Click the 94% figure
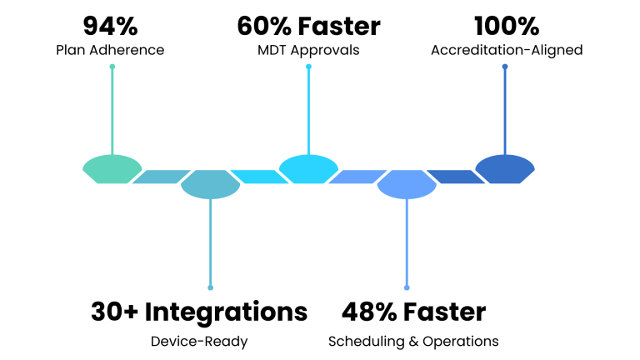click(x=110, y=26)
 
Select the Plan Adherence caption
click(x=110, y=50)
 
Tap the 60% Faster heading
click(x=308, y=26)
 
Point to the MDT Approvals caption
click(x=308, y=50)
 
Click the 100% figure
click(x=506, y=26)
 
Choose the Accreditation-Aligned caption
click(x=506, y=50)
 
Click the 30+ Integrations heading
click(x=199, y=312)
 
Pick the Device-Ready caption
click(x=199, y=341)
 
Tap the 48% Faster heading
click(x=413, y=312)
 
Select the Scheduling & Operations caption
click(x=413, y=341)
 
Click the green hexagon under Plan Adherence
click(x=112, y=168)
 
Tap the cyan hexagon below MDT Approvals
click(x=308, y=168)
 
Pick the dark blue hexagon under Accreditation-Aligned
click(x=505, y=168)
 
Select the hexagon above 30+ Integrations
click(x=210, y=184)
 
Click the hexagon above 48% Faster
click(x=407, y=184)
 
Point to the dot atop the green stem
click(x=112, y=67)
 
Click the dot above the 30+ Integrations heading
click(x=210, y=287)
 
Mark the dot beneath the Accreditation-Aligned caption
click(x=505, y=67)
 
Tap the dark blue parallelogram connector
click(x=454, y=177)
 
